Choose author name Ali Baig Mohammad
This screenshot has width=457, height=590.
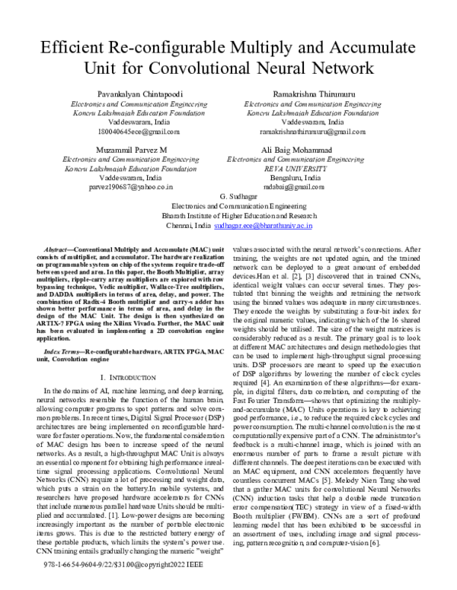point(297,150)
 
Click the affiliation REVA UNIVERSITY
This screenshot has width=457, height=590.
point(297,169)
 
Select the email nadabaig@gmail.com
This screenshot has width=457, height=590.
point(297,188)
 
